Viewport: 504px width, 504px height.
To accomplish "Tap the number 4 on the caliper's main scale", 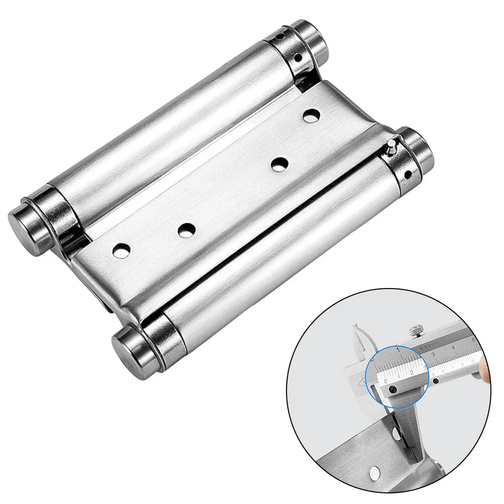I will coord(454,347).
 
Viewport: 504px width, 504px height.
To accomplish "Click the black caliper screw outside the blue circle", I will coord(436,381).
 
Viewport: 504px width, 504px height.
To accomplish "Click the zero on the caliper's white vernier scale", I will coord(386,382).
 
